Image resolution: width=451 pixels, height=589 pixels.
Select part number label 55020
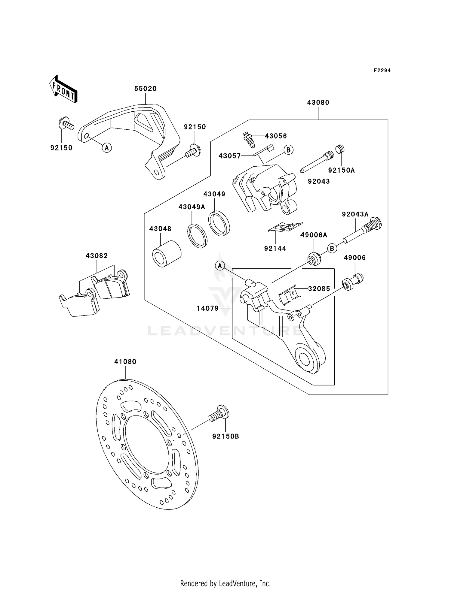pyautogui.click(x=145, y=89)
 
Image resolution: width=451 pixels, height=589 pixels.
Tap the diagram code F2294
pyautogui.click(x=382, y=71)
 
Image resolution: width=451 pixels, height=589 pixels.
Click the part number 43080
pyautogui.click(x=318, y=102)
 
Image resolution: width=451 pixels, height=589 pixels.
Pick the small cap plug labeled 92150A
pyautogui.click(x=340, y=149)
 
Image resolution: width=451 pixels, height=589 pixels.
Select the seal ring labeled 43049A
pyautogui.click(x=198, y=236)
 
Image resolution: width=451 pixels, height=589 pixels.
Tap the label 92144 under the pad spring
pyautogui.click(x=275, y=248)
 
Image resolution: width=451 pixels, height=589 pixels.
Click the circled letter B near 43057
pyautogui.click(x=288, y=150)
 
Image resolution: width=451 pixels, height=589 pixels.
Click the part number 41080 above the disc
pyautogui.click(x=125, y=362)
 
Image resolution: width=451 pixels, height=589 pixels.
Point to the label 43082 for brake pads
pyautogui.click(x=97, y=256)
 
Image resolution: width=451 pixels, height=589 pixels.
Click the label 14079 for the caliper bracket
pyautogui.click(x=208, y=308)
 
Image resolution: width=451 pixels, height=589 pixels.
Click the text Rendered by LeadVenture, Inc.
pyautogui.click(x=225, y=584)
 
